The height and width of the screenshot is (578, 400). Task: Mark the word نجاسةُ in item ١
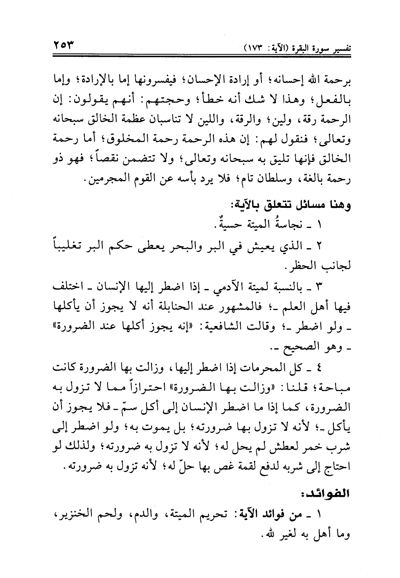[299, 226]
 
